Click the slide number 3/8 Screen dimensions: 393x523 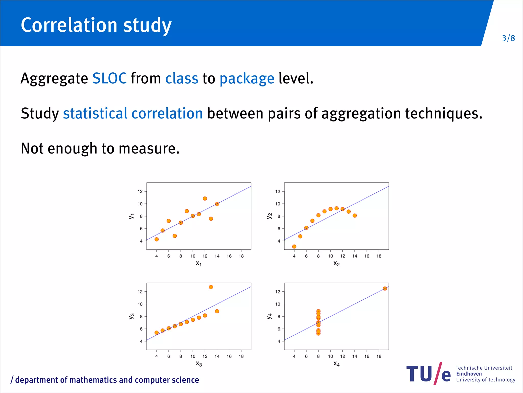[x=508, y=38]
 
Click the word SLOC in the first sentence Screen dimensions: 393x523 [x=109, y=78]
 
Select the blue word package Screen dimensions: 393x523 [x=247, y=79]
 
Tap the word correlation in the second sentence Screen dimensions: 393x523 [x=167, y=113]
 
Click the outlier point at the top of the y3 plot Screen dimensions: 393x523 [x=211, y=287]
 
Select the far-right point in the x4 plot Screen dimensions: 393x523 [x=385, y=289]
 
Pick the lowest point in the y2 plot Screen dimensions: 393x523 [x=294, y=247]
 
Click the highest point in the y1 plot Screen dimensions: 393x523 [x=205, y=199]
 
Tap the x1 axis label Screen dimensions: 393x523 [x=199, y=263]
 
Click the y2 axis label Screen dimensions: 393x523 [x=269, y=216]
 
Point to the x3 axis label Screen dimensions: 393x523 [x=199, y=364]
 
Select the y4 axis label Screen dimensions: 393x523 [x=269, y=316]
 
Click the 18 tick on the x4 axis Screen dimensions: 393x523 [x=379, y=356]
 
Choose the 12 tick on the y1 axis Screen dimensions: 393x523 [x=140, y=191]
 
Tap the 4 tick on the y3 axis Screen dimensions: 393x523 [x=141, y=341]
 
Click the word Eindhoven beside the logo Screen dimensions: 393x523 [x=469, y=374]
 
